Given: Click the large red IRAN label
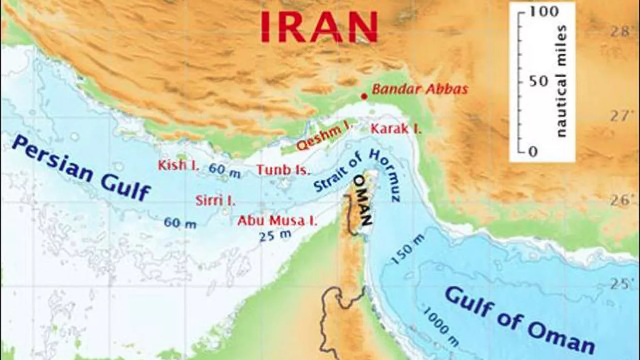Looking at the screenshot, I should [x=319, y=26].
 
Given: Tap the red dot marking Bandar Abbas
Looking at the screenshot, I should [x=364, y=96].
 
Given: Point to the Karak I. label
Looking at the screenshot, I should [x=396, y=128].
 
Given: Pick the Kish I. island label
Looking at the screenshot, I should [x=178, y=165].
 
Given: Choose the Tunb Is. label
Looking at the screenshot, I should [x=283, y=170].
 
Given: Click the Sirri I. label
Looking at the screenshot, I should [x=215, y=200].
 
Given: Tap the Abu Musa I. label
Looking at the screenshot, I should [x=277, y=221].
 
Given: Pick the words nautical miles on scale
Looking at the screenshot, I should [x=561, y=81].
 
